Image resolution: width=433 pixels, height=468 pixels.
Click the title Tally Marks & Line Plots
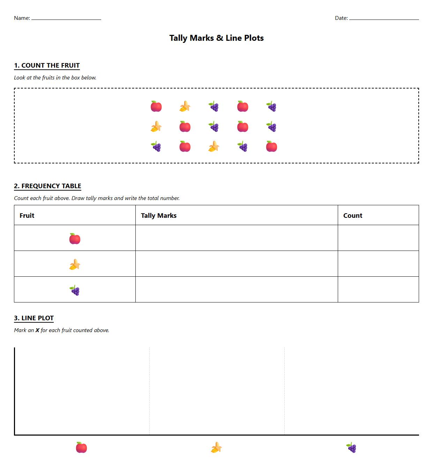[216, 38]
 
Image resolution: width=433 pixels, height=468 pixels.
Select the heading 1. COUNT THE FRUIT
[47, 66]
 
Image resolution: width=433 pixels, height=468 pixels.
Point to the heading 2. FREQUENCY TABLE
[47, 186]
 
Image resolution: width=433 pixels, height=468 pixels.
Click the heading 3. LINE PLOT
[34, 318]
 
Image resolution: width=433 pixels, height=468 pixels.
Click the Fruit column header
[27, 215]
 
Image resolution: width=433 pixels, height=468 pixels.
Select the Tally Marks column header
[159, 215]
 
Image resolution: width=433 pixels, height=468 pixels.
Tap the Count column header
[353, 215]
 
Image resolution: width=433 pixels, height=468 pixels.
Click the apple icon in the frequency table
[75, 239]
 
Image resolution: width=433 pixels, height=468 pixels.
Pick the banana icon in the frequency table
[75, 265]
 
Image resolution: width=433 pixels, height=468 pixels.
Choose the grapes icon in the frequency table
[75, 290]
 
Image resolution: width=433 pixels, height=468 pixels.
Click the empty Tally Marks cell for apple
[237, 238]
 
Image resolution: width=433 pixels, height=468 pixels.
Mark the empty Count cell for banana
[378, 264]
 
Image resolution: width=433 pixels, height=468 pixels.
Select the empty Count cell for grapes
[378, 290]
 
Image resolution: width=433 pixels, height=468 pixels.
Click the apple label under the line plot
[81, 447]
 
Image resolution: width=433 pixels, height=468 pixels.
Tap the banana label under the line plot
[216, 447]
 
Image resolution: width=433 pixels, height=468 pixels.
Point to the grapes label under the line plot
[351, 447]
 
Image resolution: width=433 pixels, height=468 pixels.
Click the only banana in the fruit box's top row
[185, 106]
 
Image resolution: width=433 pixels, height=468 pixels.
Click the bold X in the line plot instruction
[37, 330]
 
